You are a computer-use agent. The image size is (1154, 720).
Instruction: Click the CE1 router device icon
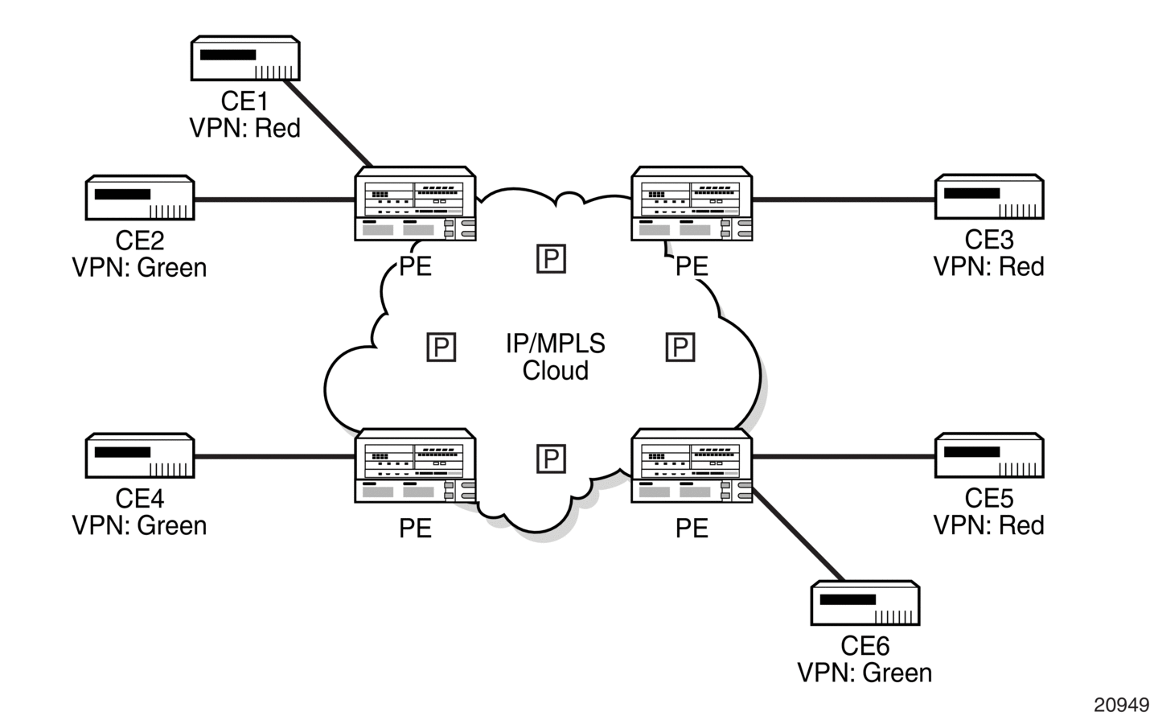[245, 58]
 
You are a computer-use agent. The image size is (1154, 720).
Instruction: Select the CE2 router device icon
[140, 198]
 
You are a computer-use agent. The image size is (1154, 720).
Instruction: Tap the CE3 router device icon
[989, 197]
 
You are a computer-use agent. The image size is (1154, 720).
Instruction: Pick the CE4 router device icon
[140, 455]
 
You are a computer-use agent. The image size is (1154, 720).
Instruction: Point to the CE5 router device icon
[989, 455]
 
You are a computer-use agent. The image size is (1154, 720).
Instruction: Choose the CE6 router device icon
[865, 603]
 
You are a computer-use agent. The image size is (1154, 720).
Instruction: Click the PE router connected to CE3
[692, 204]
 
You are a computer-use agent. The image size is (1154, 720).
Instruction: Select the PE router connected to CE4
[415, 466]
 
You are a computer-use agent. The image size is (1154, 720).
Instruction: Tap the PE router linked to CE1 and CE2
[415, 204]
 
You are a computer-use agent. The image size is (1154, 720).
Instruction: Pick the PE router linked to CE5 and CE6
[692, 466]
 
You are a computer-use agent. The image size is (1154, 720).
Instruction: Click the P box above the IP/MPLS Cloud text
[551, 259]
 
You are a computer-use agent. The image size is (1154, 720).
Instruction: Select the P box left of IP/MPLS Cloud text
[441, 347]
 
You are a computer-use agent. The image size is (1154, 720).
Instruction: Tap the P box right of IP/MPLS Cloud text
[680, 347]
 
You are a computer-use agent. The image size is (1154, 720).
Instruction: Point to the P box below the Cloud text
[551, 459]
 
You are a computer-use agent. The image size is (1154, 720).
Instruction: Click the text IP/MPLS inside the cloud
[556, 344]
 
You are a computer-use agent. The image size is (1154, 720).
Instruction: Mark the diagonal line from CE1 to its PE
[327, 123]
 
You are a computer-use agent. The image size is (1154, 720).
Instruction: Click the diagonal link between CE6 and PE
[798, 534]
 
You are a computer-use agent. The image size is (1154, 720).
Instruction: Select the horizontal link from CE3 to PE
[844, 199]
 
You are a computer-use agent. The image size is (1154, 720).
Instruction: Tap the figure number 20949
[1121, 705]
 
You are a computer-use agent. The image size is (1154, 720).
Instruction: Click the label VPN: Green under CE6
[865, 673]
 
